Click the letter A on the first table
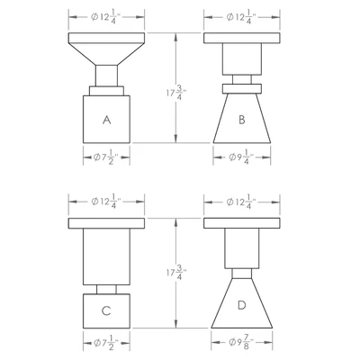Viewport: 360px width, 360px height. tap(107, 120)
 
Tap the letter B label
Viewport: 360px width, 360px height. tap(242, 120)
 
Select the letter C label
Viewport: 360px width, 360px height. tap(106, 311)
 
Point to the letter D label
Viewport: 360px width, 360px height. tap(241, 305)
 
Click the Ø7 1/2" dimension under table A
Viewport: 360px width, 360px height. tap(106, 158)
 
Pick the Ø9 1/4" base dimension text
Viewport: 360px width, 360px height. tap(242, 158)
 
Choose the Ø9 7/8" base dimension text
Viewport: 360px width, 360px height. tap(242, 343)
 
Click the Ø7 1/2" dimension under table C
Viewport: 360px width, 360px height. tap(106, 344)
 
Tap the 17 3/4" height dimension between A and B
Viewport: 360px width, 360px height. tap(176, 93)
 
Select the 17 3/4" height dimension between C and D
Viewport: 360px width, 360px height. tap(176, 273)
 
